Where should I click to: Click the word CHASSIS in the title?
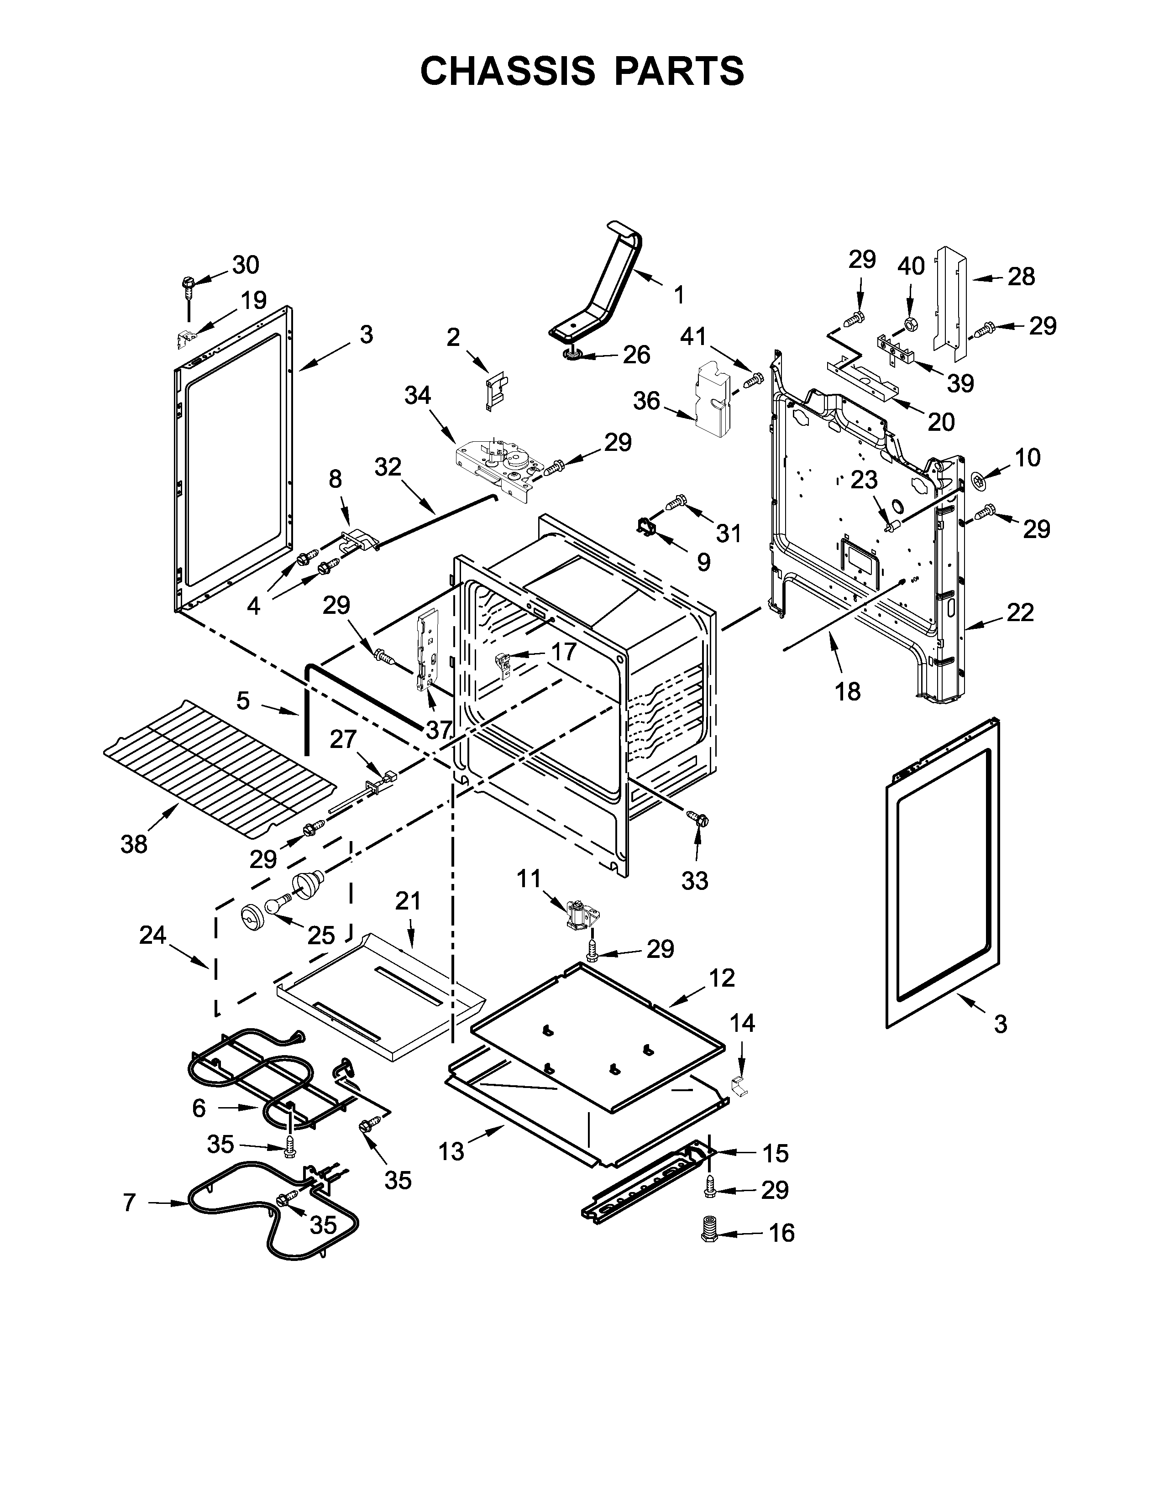(508, 71)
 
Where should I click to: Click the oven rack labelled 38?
(219, 768)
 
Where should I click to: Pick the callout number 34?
(417, 396)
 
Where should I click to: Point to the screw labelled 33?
(695, 819)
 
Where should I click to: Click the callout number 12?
(722, 978)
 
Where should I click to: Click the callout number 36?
(647, 401)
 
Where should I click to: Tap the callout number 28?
(1021, 277)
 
